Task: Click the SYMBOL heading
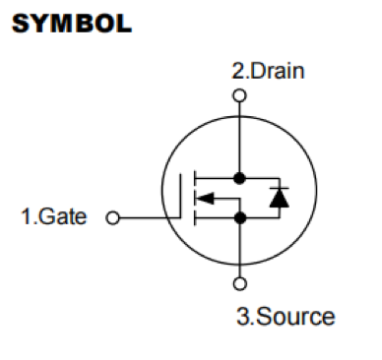(x=71, y=25)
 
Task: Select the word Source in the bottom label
(x=297, y=317)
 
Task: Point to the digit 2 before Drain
(x=237, y=71)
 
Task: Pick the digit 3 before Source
(x=242, y=317)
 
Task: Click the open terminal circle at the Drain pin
(x=238, y=95)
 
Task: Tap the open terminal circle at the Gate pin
(x=111, y=217)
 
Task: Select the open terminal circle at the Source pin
(x=238, y=285)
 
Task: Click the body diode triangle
(x=277, y=200)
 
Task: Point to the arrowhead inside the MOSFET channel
(x=204, y=200)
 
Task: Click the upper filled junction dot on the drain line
(x=238, y=179)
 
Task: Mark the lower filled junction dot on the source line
(x=238, y=218)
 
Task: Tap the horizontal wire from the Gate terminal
(x=148, y=217)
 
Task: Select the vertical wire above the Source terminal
(x=238, y=251)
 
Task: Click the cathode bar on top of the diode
(x=277, y=190)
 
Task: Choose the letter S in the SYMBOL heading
(x=21, y=25)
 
